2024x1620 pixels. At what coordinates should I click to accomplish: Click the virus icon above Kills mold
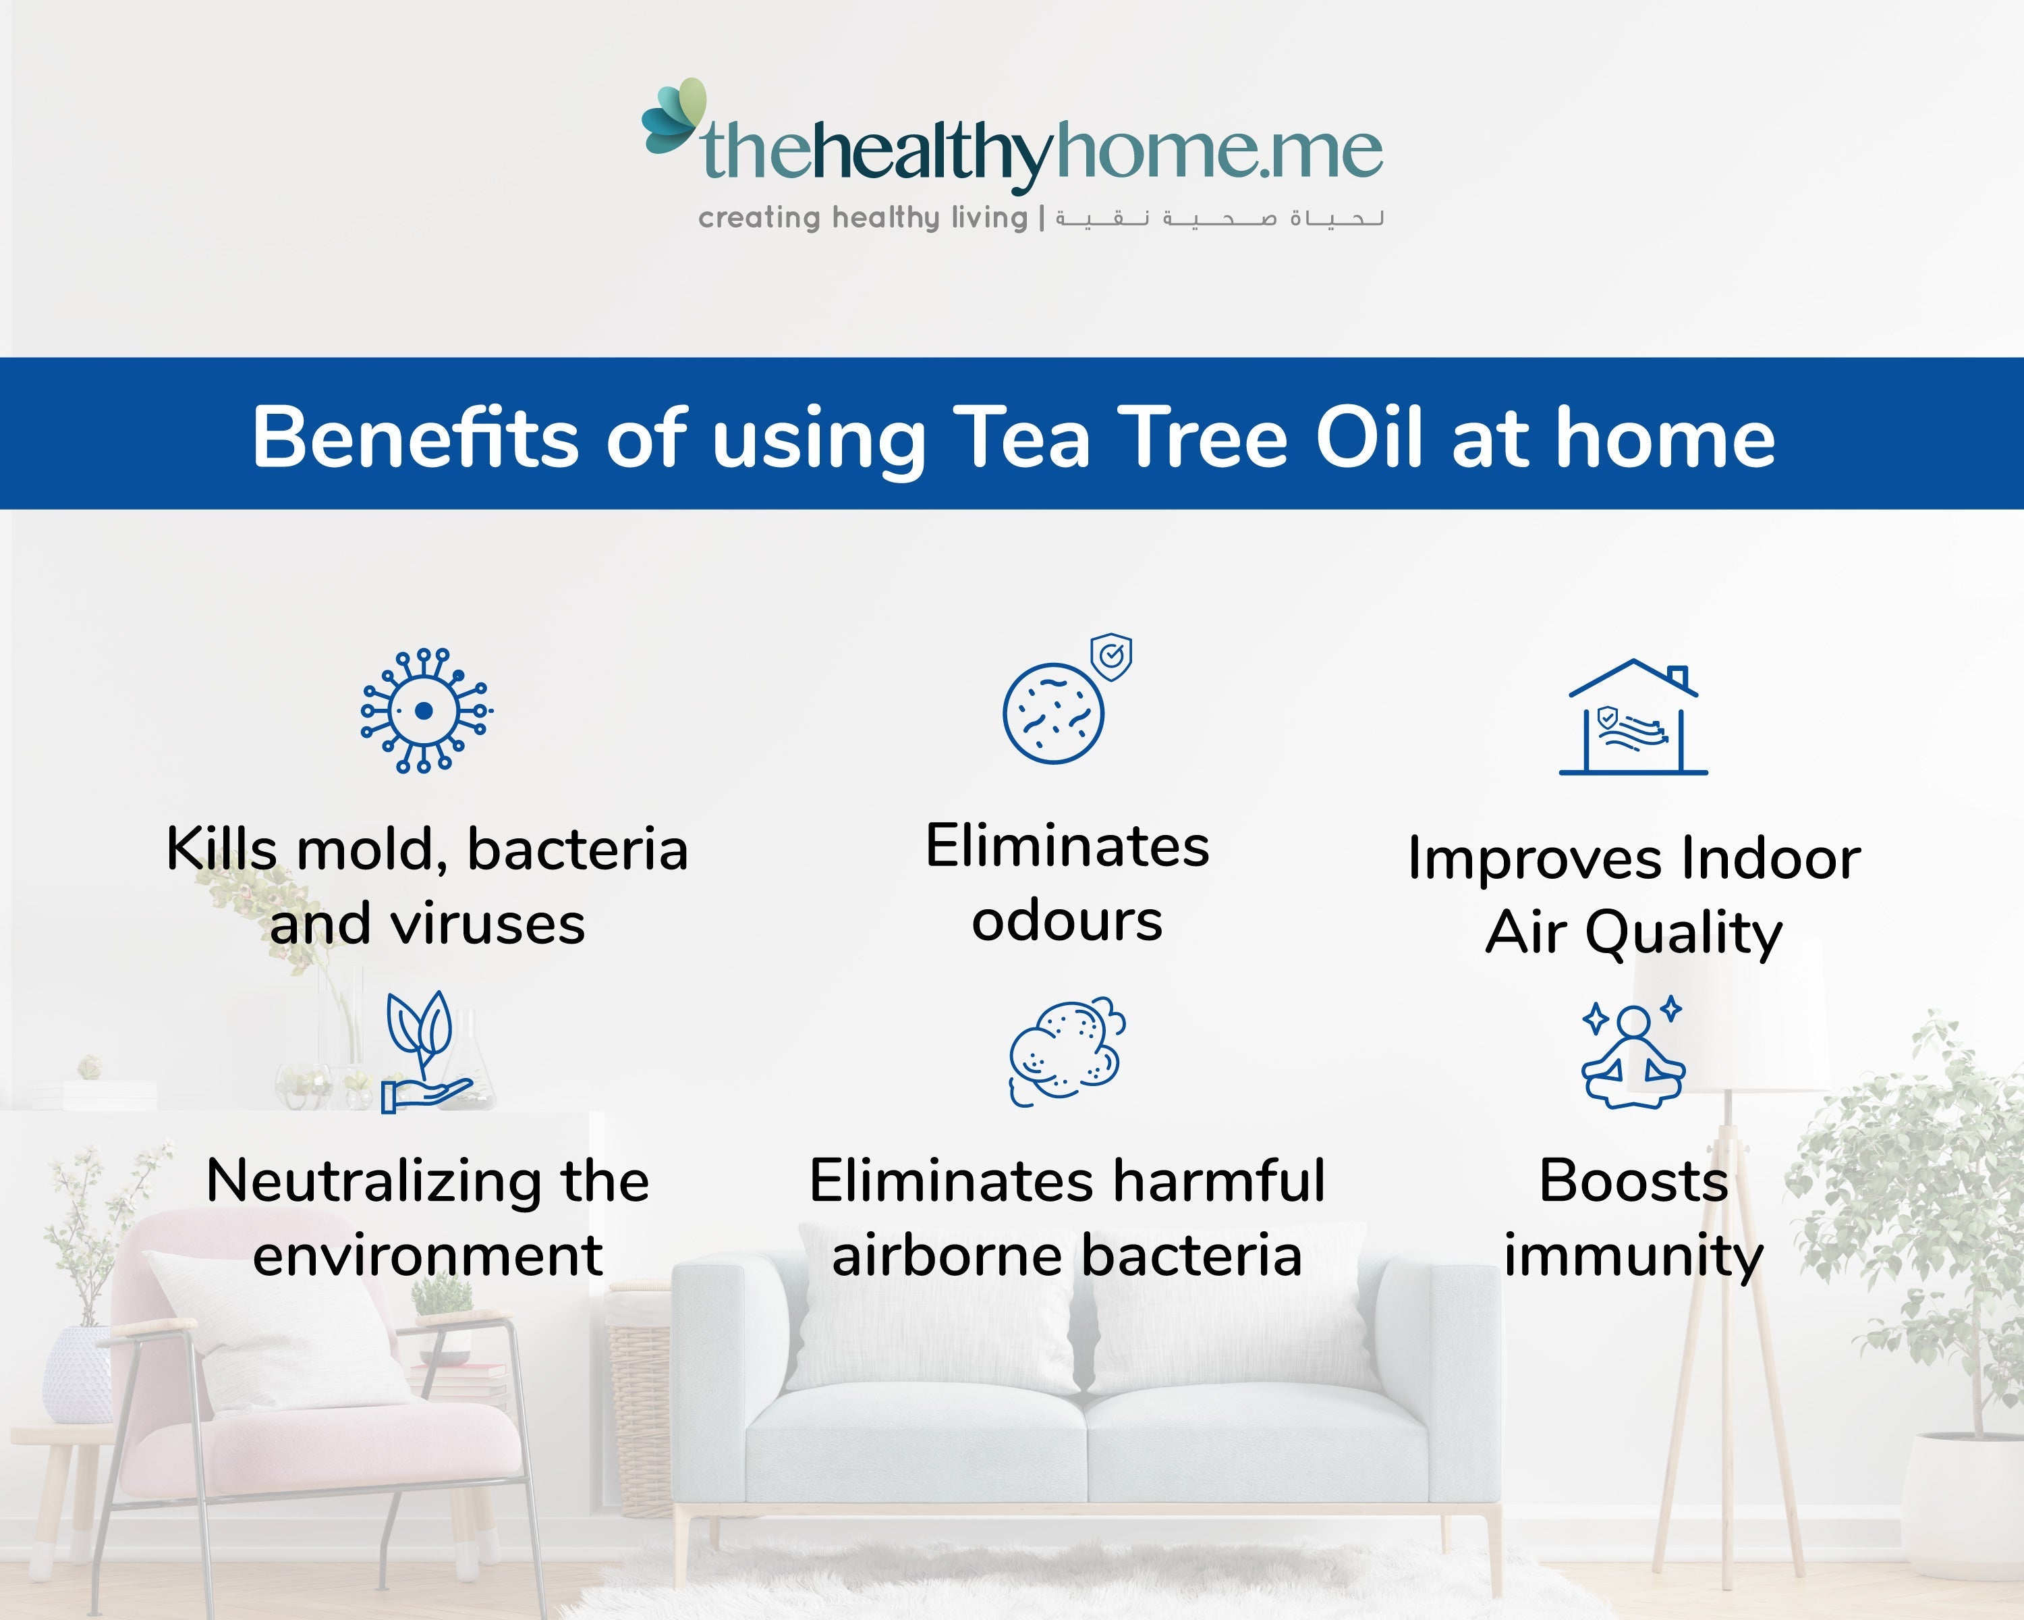tap(425, 711)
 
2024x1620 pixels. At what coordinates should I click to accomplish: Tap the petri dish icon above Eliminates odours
tap(1053, 713)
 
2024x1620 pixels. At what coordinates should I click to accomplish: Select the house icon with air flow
tap(1633, 718)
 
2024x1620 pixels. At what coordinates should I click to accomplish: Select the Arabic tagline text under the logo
tap(1218, 219)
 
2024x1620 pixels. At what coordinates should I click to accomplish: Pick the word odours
tap(1067, 921)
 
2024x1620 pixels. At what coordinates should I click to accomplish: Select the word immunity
tap(1633, 1257)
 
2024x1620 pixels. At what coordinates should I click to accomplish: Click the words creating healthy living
tap(863, 219)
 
